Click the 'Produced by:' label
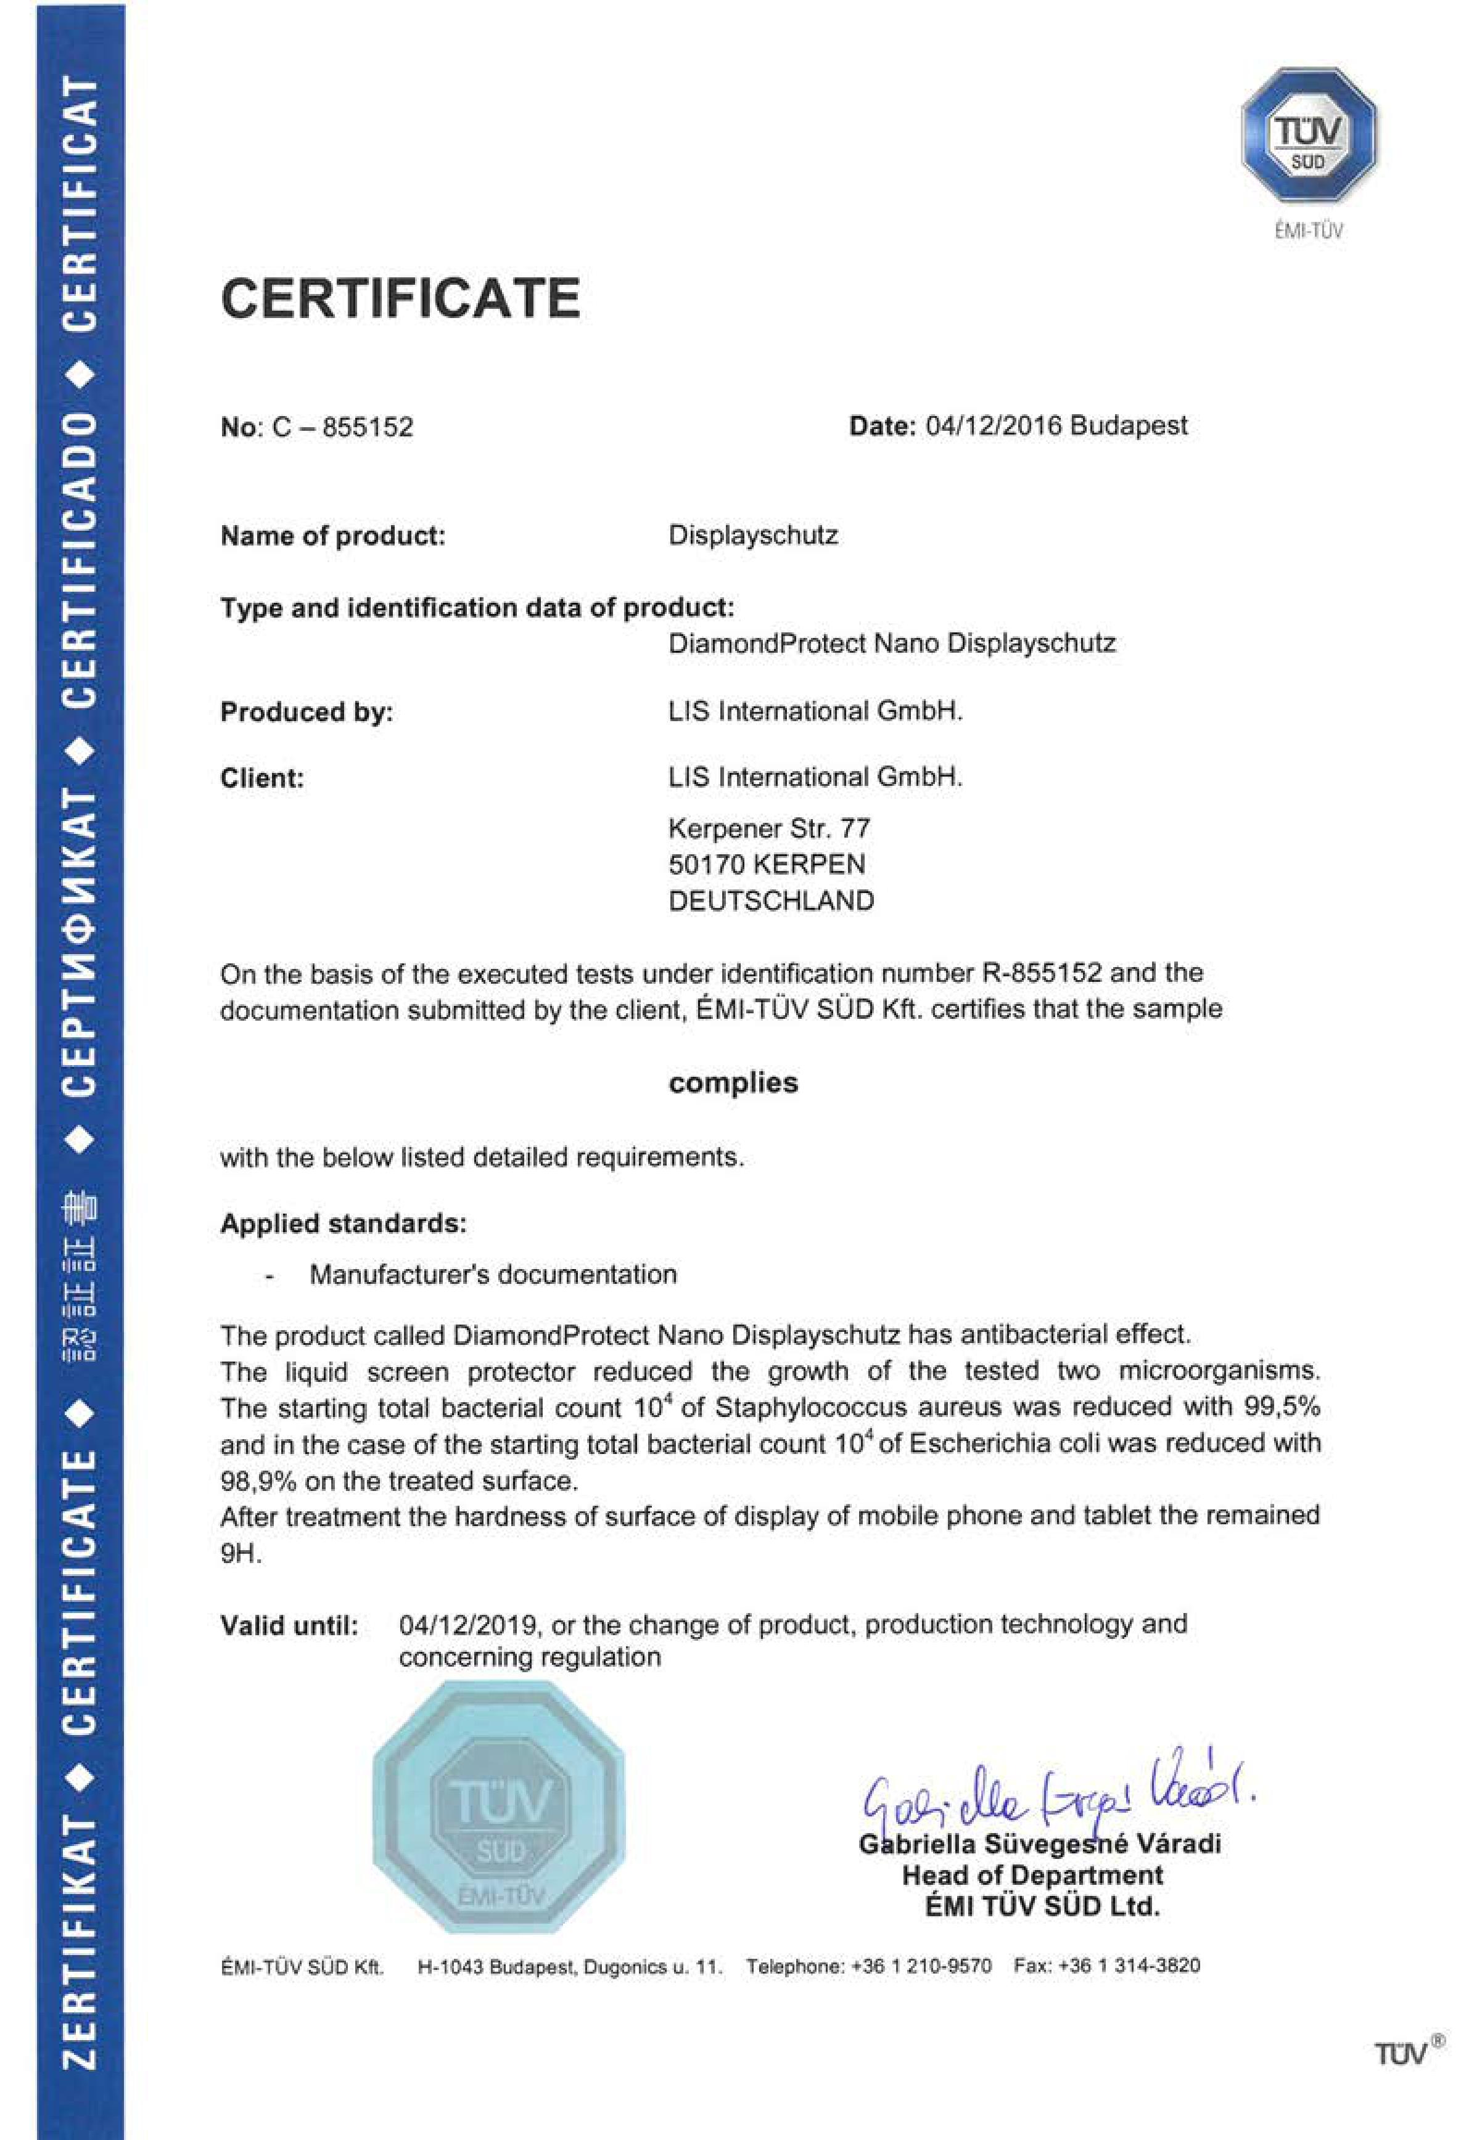pyautogui.click(x=306, y=712)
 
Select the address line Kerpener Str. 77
pyautogui.click(x=768, y=829)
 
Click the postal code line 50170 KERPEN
pyautogui.click(x=767, y=865)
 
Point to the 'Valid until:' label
pyautogui.click(x=289, y=1626)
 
